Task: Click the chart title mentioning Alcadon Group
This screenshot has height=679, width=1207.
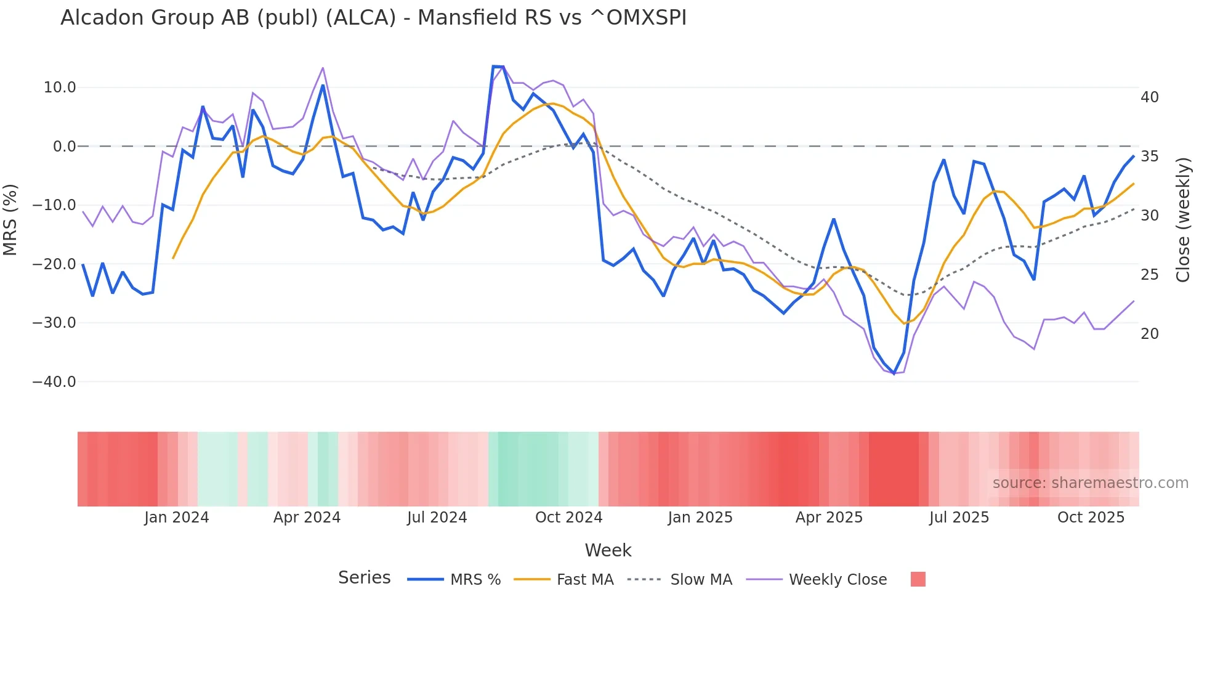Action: [373, 18]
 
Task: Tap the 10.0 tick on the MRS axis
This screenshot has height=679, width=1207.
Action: [60, 87]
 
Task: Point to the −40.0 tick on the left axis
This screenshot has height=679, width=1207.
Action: [55, 381]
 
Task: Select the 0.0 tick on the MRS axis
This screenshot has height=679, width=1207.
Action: [64, 147]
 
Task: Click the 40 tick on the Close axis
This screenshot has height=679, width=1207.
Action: [1149, 97]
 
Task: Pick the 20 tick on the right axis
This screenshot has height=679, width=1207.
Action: [1149, 334]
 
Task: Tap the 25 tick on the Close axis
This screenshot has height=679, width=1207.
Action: [1149, 275]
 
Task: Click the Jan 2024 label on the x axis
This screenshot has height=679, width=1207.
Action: [177, 518]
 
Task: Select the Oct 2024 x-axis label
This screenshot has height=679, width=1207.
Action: [568, 518]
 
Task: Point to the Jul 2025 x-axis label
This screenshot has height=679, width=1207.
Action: [959, 518]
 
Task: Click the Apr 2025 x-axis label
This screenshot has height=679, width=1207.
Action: [829, 518]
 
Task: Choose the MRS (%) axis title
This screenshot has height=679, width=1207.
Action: [10, 220]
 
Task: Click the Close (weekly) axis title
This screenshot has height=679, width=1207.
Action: [1182, 220]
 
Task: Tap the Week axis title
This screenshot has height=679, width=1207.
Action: [608, 550]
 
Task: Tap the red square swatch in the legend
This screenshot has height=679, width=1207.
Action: [918, 579]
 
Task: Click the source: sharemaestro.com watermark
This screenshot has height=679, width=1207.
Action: [1090, 483]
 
